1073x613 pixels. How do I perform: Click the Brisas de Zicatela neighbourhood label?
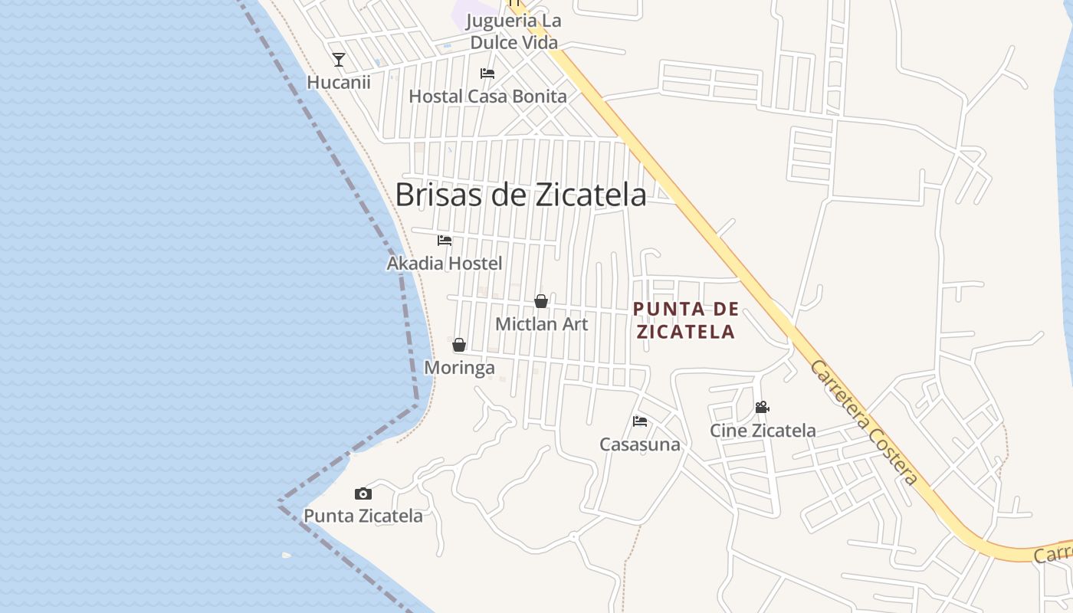[520, 195]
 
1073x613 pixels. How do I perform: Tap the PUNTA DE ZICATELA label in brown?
[686, 320]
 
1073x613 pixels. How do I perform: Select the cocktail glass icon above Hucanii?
[339, 60]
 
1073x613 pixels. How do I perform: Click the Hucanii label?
[339, 82]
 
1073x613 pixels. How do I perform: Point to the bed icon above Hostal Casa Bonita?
[487, 74]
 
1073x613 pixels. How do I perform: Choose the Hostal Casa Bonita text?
[487, 97]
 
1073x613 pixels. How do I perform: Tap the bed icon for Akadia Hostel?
[445, 241]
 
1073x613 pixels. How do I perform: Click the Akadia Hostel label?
[445, 264]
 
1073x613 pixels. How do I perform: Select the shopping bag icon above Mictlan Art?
[541, 301]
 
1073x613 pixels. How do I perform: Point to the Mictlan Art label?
[541, 324]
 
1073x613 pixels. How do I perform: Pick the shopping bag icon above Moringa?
[459, 345]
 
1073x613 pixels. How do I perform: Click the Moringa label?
[459, 368]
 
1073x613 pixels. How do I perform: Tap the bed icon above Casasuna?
[640, 421]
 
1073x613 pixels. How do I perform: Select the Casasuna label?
[640, 444]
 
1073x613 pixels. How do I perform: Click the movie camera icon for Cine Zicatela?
[762, 408]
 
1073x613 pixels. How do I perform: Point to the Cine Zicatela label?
[763, 431]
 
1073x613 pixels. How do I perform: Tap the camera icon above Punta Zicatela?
[363, 494]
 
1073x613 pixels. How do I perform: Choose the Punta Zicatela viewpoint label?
[363, 516]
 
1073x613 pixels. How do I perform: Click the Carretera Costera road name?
[863, 422]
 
